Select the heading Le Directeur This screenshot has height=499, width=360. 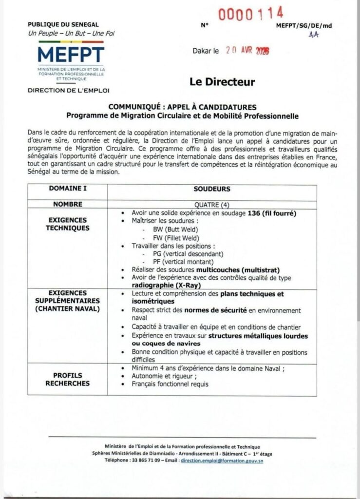pyautogui.click(x=222, y=82)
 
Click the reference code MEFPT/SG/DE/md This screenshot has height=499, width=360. pyautogui.click(x=303, y=25)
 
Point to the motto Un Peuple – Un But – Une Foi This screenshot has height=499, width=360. pyautogui.click(x=72, y=33)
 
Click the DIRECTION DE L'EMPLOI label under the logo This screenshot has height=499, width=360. pyautogui.click(x=69, y=90)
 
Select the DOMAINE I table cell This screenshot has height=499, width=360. pyautogui.click(x=67, y=189)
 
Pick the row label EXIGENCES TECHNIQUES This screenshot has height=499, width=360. pyautogui.click(x=67, y=224)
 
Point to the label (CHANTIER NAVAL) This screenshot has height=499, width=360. pyautogui.click(x=67, y=308)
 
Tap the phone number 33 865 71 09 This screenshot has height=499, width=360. pyautogui.click(x=143, y=461)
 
